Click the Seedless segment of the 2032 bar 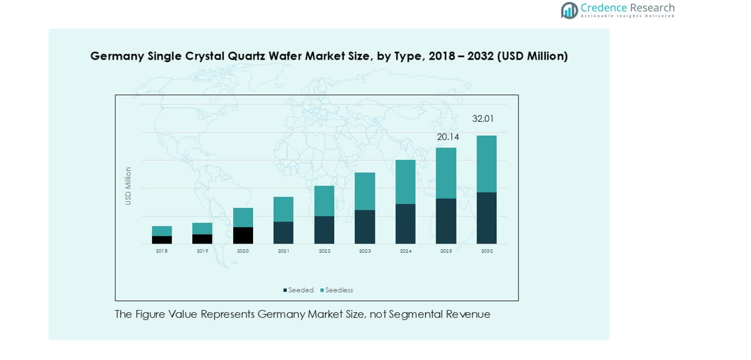click(x=486, y=164)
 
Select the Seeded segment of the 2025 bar click(x=445, y=221)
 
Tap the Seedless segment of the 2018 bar click(x=162, y=231)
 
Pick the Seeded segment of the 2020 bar click(x=243, y=235)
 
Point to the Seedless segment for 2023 click(x=364, y=191)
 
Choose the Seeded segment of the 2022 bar click(x=324, y=230)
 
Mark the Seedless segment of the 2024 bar click(x=405, y=182)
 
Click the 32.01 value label click(x=483, y=119)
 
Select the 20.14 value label click(x=448, y=137)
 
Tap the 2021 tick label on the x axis click(x=284, y=251)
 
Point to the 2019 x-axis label click(x=203, y=251)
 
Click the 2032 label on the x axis click(x=486, y=251)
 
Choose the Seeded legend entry click(x=298, y=290)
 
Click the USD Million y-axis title click(x=128, y=186)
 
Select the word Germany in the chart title click(x=117, y=56)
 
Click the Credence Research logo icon click(x=569, y=10)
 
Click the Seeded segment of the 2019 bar click(x=203, y=239)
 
